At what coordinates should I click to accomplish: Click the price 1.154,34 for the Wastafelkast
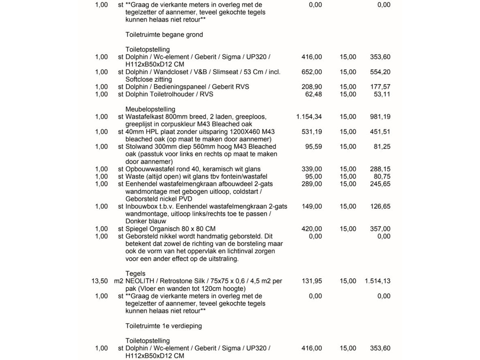click(x=309, y=117)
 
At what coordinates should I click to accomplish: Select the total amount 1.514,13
click(x=377, y=281)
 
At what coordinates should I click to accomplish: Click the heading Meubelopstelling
click(x=150, y=109)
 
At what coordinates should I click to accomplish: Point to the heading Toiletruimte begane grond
click(x=164, y=35)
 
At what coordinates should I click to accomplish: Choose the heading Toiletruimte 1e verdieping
click(x=164, y=326)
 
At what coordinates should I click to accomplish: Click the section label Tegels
click(x=135, y=274)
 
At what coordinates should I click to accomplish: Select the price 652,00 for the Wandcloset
click(x=312, y=72)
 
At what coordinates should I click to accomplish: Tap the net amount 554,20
click(x=380, y=72)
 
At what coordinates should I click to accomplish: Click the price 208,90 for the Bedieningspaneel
click(x=312, y=87)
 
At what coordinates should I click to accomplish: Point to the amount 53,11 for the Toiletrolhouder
click(x=382, y=94)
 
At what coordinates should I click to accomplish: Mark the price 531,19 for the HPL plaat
click(x=312, y=132)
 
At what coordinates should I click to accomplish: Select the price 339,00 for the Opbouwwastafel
click(x=312, y=169)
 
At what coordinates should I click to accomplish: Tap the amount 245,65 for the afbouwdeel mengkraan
click(x=380, y=184)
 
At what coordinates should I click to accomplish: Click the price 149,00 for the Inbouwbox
click(x=312, y=206)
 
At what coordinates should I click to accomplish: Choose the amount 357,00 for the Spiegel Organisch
click(x=380, y=229)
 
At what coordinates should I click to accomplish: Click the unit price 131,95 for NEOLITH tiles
click(x=312, y=281)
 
